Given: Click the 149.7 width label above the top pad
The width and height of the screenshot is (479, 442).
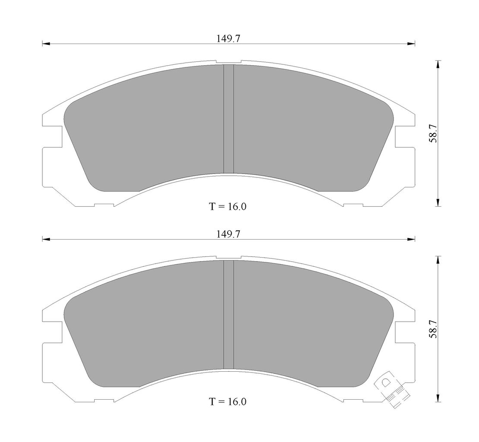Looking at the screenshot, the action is [x=228, y=38].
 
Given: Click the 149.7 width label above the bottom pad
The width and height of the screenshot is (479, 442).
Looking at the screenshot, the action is [x=228, y=234].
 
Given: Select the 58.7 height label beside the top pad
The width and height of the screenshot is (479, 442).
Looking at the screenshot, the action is [x=433, y=133].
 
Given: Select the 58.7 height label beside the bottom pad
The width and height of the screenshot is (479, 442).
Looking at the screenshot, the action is [x=433, y=329].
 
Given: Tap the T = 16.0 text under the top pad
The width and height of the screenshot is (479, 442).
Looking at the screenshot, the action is [x=228, y=207].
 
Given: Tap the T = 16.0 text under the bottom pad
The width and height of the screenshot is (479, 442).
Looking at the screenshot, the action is [x=228, y=402].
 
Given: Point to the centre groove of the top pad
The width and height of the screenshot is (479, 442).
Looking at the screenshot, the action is [x=228, y=119].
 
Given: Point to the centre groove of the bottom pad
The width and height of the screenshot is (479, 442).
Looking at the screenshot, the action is [x=228, y=314].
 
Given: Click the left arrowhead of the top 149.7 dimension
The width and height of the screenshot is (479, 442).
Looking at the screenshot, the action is [x=46, y=44].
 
